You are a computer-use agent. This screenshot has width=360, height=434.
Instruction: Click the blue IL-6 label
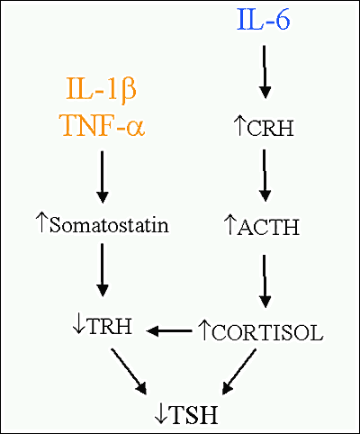[x=264, y=20]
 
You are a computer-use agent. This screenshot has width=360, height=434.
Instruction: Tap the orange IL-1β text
[x=102, y=89]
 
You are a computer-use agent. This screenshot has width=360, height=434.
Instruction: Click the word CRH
[x=270, y=129]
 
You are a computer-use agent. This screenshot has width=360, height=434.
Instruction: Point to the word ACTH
[x=268, y=227]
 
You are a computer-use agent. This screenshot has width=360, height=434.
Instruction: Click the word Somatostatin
[x=109, y=225]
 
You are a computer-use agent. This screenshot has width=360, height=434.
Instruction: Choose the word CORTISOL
[x=267, y=332]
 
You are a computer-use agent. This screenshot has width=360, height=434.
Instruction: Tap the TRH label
[x=110, y=326]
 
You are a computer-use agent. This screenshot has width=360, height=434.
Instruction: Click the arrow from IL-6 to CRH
[x=265, y=72]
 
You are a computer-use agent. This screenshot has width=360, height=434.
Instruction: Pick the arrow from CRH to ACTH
[x=265, y=176]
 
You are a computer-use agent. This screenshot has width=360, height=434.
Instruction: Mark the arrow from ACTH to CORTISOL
[x=265, y=281]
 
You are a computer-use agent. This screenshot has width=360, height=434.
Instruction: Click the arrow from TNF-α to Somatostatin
[x=103, y=177]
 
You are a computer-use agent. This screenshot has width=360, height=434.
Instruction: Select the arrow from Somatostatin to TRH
[x=103, y=270]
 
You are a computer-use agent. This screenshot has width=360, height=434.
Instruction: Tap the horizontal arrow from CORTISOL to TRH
[x=169, y=331]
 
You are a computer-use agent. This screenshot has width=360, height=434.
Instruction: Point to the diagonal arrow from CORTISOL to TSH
[x=239, y=372]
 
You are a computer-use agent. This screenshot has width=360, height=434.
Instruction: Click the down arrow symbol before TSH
[x=161, y=415]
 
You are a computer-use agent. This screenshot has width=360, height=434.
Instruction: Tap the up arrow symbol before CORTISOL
[x=203, y=330]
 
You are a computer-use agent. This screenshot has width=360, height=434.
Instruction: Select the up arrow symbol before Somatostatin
[x=41, y=222]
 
